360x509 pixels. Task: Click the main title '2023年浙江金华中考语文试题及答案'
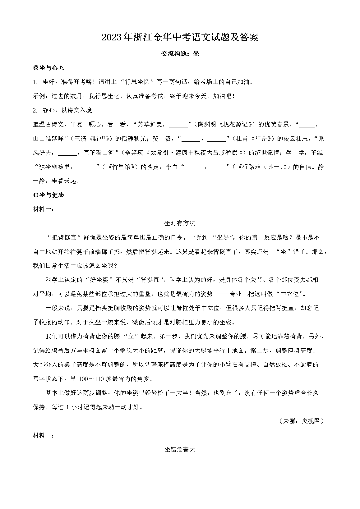180,38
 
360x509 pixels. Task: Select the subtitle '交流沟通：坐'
180,53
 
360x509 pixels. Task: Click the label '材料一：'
44,209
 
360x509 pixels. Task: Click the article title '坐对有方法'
180,223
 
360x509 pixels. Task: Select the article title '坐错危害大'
180,449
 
